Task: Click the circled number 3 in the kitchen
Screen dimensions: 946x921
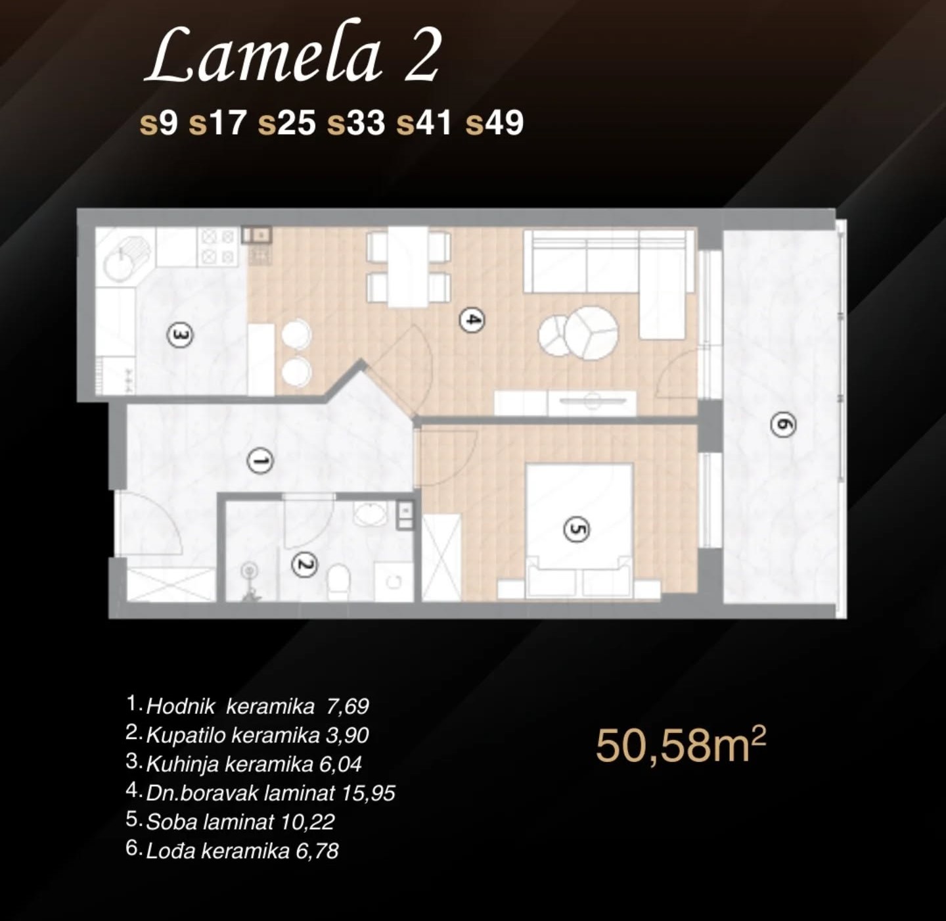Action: click(x=179, y=335)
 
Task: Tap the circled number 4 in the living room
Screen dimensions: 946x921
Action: click(x=472, y=320)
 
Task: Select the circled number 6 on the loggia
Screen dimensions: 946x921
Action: click(x=783, y=424)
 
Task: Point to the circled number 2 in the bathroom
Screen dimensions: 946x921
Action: click(x=304, y=565)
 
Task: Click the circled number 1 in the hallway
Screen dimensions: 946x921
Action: click(x=261, y=461)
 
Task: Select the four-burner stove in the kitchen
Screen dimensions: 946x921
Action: click(x=218, y=247)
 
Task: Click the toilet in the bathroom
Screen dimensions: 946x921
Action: click(x=339, y=581)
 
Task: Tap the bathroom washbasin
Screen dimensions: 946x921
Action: click(x=371, y=514)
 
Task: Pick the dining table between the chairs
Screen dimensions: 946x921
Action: click(x=408, y=267)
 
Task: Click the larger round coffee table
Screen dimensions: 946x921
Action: click(x=592, y=333)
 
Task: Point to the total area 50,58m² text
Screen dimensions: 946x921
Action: click(x=681, y=745)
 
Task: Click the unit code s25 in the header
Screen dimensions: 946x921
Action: click(x=287, y=123)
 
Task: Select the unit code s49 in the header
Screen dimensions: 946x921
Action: click(x=495, y=123)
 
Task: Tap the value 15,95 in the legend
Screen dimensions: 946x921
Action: click(x=369, y=793)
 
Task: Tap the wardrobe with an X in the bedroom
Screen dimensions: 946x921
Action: click(x=441, y=557)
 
